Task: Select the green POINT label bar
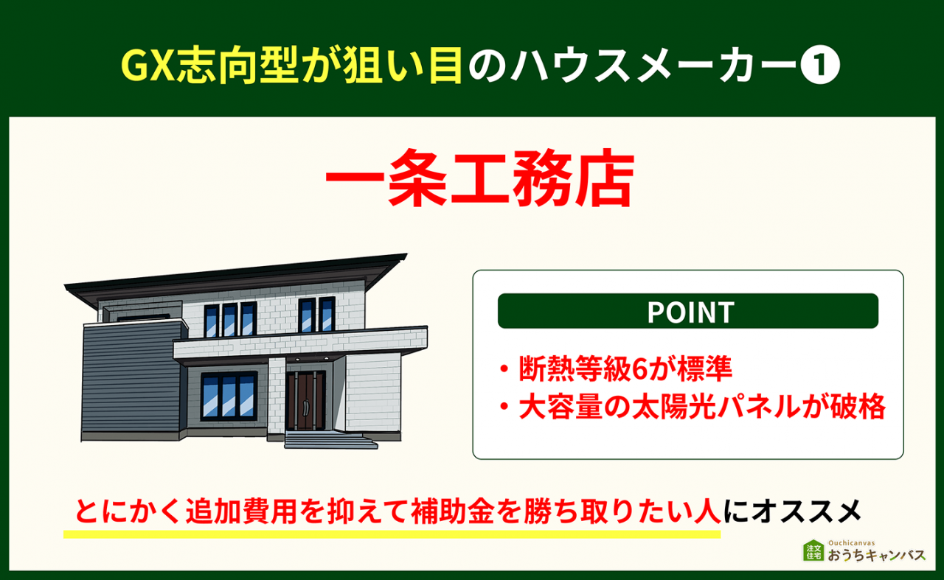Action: (688, 311)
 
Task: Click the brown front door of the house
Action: (305, 400)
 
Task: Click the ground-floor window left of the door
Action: (229, 396)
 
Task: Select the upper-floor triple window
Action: (230, 319)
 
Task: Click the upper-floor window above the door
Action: (317, 315)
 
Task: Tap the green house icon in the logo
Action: (813, 551)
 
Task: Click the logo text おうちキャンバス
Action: (876, 556)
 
